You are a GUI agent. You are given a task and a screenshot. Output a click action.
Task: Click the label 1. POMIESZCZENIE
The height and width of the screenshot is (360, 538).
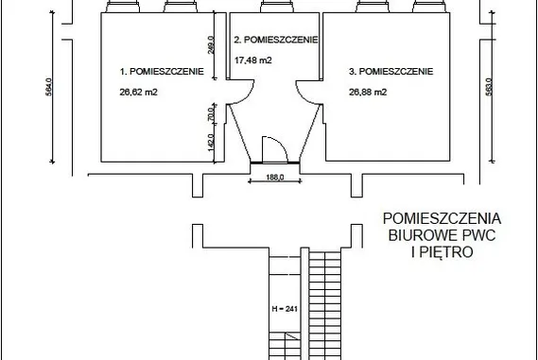(162, 71)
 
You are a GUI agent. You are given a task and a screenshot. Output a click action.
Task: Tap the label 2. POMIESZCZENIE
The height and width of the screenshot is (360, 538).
(276, 40)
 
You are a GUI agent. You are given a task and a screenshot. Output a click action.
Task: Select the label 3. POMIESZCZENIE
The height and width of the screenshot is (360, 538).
(390, 71)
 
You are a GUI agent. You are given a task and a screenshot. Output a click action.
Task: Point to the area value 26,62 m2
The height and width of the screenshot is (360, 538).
(139, 92)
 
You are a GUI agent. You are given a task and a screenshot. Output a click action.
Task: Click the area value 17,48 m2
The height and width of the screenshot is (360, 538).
(253, 60)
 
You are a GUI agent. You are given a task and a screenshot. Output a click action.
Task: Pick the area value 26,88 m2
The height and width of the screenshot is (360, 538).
(368, 92)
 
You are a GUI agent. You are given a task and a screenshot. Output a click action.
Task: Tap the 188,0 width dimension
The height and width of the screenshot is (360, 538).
(275, 178)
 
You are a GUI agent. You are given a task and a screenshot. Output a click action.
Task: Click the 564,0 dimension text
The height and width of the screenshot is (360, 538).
(49, 87)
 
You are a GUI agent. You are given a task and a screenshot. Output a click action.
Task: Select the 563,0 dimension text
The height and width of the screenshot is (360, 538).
(489, 87)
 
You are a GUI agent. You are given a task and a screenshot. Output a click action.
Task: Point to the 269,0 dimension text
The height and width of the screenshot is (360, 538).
(211, 45)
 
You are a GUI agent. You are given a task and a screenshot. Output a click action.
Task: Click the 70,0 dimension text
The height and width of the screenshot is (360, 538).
(211, 113)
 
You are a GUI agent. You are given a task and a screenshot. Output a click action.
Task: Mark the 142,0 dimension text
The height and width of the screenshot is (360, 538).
(211, 142)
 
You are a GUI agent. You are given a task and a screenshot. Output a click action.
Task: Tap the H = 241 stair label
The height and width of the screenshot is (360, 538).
(285, 309)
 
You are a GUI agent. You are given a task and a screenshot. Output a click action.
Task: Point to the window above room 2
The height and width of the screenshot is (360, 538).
(277, 7)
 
